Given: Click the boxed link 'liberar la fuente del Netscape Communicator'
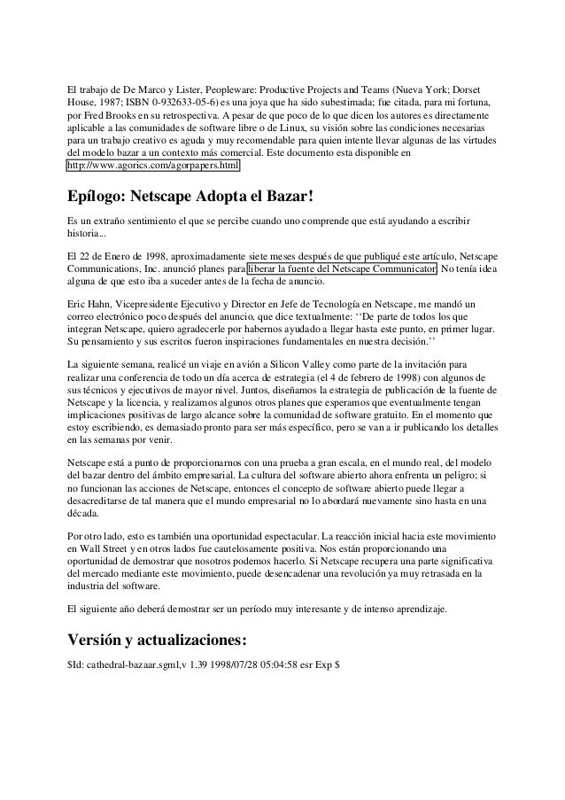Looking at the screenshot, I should (x=341, y=270).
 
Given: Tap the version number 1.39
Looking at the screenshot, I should (x=212, y=664).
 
